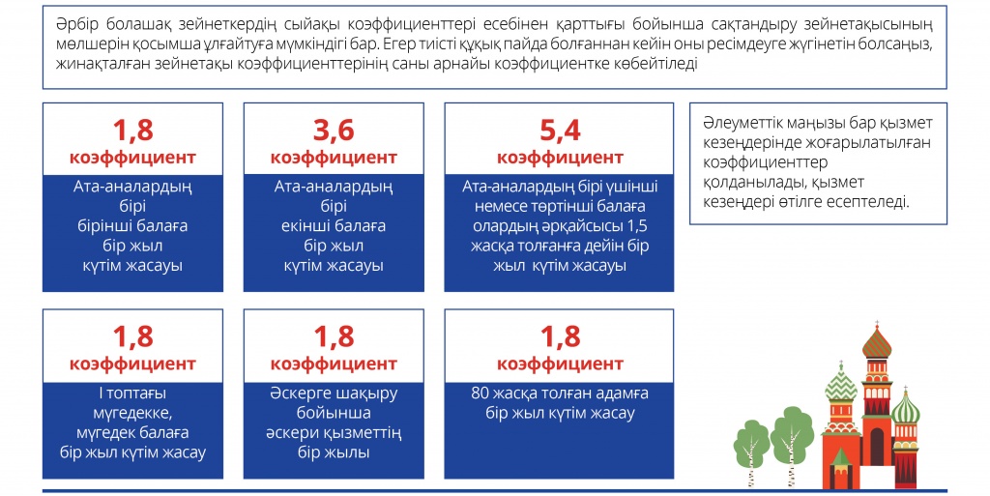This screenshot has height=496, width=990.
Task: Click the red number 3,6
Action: (x=334, y=131)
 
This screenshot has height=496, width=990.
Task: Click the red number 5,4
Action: (x=560, y=131)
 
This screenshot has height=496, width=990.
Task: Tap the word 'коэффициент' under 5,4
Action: (x=560, y=158)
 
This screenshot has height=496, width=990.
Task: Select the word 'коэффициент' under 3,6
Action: (x=334, y=158)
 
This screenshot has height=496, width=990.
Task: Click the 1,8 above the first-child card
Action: (x=132, y=131)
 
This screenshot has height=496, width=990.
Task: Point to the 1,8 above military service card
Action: (x=334, y=337)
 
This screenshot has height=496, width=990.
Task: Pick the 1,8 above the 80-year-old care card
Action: (x=560, y=337)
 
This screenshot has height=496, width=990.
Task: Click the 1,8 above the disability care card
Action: (x=132, y=337)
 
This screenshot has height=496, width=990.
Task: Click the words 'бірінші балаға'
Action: (x=132, y=226)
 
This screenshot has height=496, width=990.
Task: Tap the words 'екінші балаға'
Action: (x=334, y=226)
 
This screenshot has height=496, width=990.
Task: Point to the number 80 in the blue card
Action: (x=480, y=394)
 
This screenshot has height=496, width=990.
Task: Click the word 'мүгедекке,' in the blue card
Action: (x=132, y=414)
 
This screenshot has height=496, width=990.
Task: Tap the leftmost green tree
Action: (x=751, y=450)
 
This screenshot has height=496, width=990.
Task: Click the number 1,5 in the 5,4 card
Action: (x=638, y=226)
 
